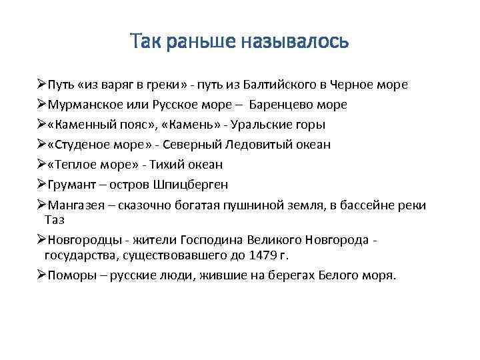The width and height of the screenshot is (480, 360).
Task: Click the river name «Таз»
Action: click(55, 219)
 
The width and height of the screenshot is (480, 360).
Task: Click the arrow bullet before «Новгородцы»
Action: click(41, 241)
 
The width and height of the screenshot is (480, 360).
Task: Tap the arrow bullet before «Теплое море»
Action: click(41, 164)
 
